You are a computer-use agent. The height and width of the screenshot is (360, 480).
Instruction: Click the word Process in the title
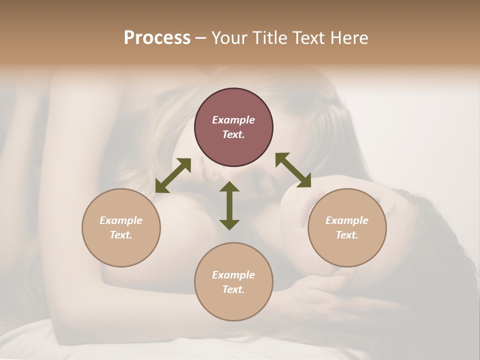coord(157,38)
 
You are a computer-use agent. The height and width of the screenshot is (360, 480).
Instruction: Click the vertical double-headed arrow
coord(229,205)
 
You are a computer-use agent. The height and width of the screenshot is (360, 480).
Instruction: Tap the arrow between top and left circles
coord(173,175)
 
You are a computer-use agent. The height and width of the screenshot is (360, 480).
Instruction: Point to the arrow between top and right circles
coord(293,170)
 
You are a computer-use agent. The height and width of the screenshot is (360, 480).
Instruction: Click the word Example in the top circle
coord(233,120)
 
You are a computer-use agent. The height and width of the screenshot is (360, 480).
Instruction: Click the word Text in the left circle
coord(121,235)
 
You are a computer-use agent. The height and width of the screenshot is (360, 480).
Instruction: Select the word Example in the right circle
coord(347,220)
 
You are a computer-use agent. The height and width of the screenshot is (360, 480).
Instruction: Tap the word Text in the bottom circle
coord(233,289)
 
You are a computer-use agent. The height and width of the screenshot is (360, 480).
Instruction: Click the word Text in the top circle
coord(233,134)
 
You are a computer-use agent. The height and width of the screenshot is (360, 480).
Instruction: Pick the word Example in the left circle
coord(121,220)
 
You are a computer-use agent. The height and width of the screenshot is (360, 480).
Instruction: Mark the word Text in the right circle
coord(347,235)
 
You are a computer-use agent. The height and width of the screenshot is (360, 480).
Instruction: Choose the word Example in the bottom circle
coord(233,275)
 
